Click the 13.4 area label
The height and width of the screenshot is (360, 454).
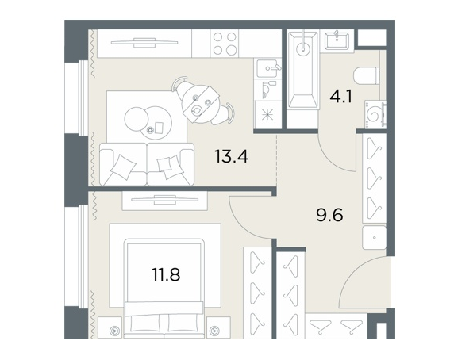(231, 156)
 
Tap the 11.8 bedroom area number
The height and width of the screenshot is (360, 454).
(166, 274)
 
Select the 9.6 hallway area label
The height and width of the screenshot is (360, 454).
(329, 215)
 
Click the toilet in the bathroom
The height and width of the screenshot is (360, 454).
(367, 76)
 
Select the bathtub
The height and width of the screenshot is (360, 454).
(303, 70)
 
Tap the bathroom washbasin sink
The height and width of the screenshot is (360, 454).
(337, 41)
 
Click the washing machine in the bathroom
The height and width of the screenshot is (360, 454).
(375, 114)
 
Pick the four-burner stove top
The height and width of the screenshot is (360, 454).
(225, 44)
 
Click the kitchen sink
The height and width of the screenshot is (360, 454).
(267, 68)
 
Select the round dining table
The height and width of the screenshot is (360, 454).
(200, 104)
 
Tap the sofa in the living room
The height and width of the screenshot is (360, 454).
(147, 164)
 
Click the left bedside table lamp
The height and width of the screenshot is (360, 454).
(115, 330)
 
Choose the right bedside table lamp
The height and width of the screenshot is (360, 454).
(214, 330)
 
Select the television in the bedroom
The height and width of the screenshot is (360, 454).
(165, 200)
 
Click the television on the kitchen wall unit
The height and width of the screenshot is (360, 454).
(144, 43)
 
